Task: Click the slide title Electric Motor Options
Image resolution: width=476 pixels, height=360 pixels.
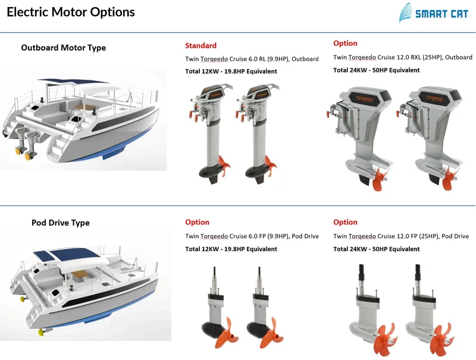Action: pos(71,12)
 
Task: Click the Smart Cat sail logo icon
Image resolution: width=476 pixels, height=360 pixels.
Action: pos(406,12)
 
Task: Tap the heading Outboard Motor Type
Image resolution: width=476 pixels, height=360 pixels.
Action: pos(63,48)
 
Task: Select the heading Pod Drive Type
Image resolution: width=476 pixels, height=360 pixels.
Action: pos(60,223)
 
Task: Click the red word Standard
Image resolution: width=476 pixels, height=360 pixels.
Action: pos(201,45)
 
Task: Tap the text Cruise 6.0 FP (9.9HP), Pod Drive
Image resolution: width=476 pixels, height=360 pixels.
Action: pos(268,236)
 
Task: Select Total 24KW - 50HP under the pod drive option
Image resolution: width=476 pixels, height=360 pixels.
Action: pos(376,249)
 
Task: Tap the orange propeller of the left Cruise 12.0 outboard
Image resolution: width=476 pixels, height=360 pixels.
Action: pos(376,179)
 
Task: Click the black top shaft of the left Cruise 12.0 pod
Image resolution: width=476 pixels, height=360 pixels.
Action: pos(361,277)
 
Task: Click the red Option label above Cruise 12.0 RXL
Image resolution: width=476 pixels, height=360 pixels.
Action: pos(345,43)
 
